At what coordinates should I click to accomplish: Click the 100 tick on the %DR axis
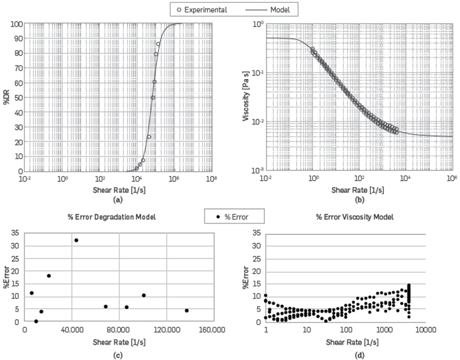18,24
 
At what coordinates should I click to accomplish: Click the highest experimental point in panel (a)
158,44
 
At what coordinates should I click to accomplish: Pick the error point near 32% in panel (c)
76,240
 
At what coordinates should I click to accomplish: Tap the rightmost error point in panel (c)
186,310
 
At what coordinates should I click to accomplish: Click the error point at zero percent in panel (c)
36,322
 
